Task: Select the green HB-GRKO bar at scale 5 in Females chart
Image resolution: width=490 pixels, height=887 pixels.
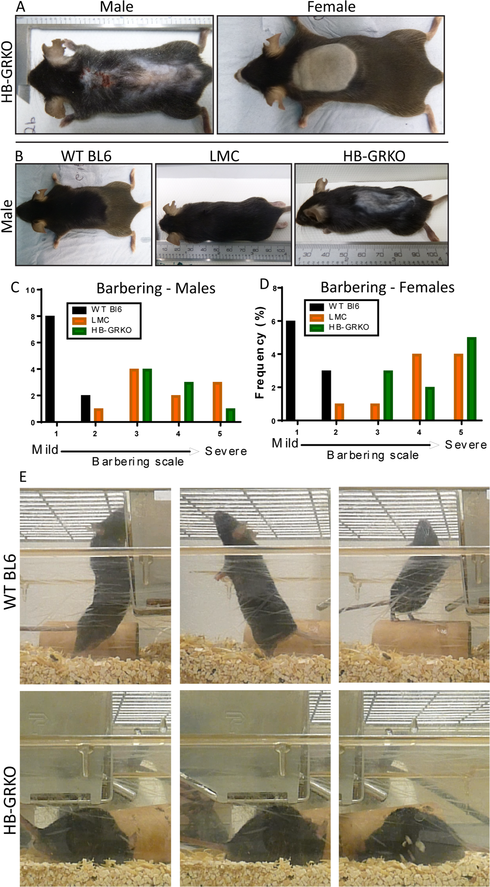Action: [x=471, y=378]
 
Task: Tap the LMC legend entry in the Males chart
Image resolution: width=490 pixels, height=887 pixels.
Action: [x=100, y=320]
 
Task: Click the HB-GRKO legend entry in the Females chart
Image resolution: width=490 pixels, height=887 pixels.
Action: [x=348, y=327]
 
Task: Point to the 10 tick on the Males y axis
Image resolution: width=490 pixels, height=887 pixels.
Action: [x=30, y=290]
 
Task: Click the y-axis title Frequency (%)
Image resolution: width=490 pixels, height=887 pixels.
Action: [x=260, y=352]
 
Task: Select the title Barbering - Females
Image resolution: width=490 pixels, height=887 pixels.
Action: [x=387, y=287]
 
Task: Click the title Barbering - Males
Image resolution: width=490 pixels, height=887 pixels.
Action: [x=155, y=289]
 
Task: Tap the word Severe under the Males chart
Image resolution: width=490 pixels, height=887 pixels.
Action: [x=225, y=451]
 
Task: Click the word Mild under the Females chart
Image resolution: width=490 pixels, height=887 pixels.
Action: [x=285, y=443]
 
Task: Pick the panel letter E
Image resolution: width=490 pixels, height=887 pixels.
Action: [x=23, y=477]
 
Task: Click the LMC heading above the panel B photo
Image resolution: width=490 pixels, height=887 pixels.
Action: [x=224, y=156]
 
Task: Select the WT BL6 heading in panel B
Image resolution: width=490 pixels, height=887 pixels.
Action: [x=86, y=156]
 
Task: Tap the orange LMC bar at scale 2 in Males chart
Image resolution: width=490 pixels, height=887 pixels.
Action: [x=99, y=415]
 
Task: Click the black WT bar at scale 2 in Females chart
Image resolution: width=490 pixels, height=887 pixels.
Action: [x=326, y=395]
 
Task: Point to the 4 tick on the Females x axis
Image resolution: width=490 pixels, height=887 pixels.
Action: [x=419, y=432]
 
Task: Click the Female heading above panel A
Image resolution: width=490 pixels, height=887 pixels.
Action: [x=331, y=7]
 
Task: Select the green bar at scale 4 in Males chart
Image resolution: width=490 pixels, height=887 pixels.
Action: [x=188, y=402]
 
